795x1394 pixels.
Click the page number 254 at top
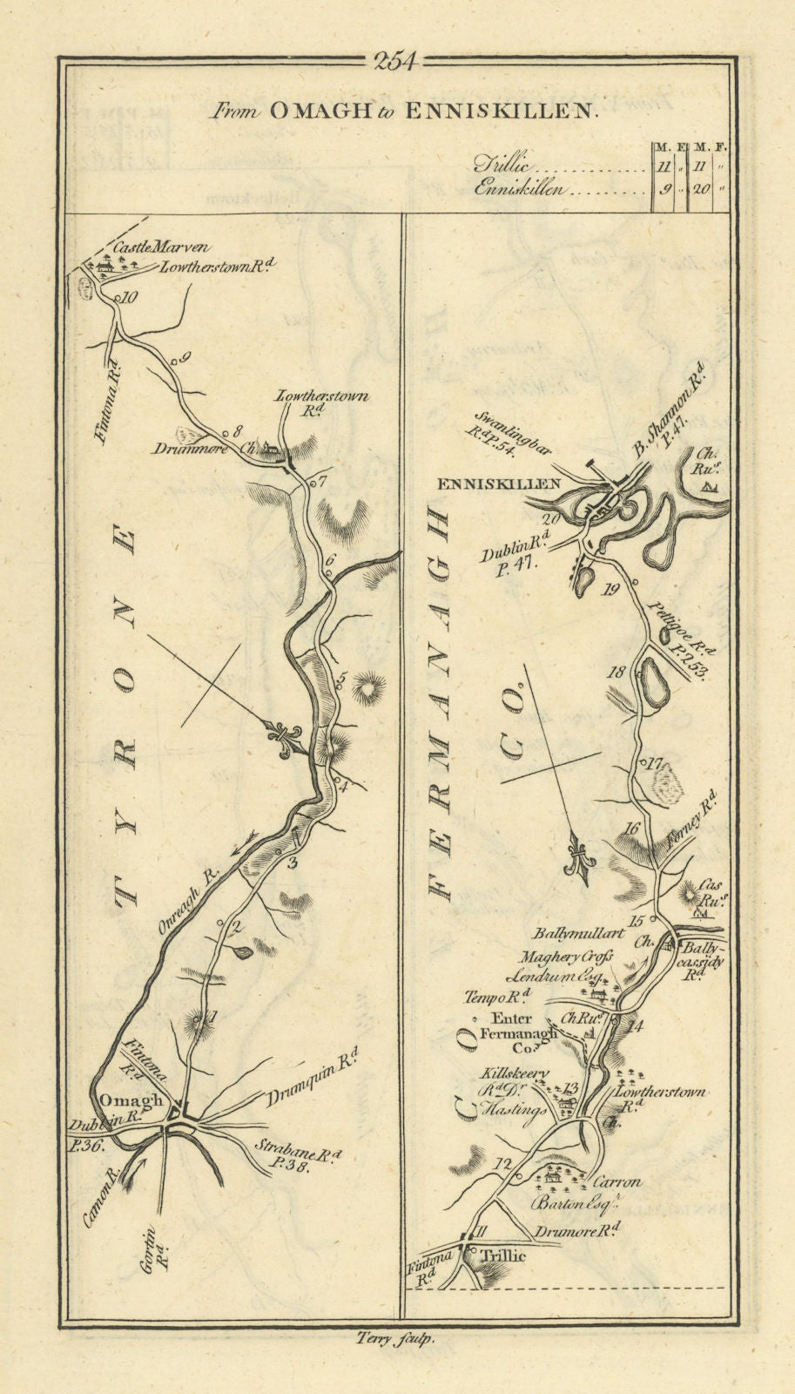395,61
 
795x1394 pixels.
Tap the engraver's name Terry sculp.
396,1342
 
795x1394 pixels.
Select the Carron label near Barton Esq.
616,1182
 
